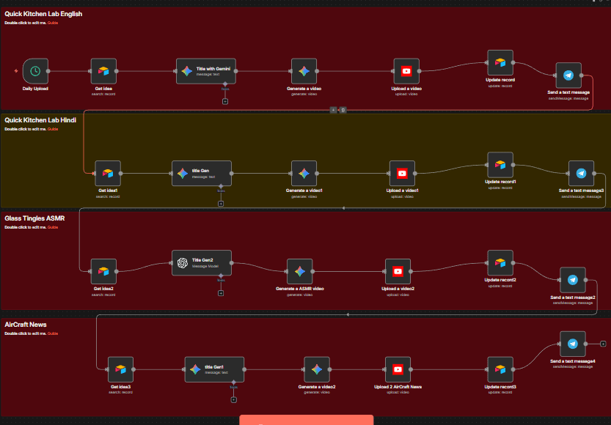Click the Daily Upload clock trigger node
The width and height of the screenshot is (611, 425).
click(35, 71)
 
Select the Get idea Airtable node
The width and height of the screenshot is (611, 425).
click(103, 71)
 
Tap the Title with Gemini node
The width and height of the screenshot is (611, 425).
click(207, 71)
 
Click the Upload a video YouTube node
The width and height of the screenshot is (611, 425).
click(406, 71)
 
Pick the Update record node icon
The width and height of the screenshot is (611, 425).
click(500, 62)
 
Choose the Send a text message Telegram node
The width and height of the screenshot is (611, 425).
click(568, 75)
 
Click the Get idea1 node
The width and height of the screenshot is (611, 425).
click(108, 174)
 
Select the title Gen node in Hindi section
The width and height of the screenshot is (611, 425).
click(202, 174)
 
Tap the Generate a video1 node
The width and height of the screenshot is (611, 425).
click(304, 174)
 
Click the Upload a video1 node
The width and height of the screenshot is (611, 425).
click(402, 174)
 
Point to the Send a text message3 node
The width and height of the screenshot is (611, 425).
click(581, 174)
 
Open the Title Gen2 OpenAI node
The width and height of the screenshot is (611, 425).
click(202, 263)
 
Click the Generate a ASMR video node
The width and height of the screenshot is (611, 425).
click(299, 271)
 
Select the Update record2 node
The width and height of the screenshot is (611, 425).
click(500, 262)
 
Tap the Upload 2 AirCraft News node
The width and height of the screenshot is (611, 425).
click(398, 369)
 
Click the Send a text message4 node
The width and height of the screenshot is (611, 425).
click(572, 344)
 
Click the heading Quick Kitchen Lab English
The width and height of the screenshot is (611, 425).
click(43, 14)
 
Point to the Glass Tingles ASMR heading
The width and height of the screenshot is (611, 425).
click(34, 218)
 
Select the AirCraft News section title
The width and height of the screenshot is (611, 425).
click(26, 324)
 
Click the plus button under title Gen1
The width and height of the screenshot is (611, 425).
click(233, 399)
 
